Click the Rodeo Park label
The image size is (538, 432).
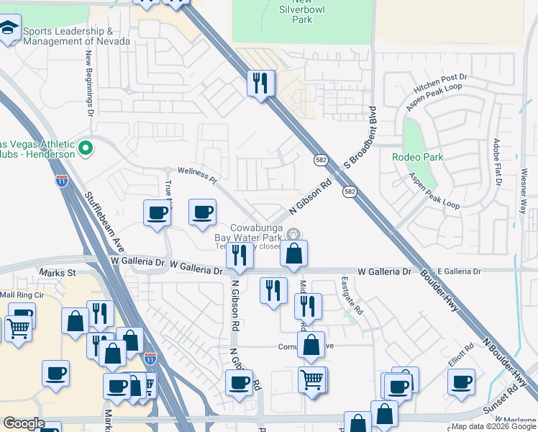point(417,157)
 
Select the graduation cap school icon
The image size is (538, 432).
point(9,30)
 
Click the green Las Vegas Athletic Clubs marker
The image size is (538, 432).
point(86,148)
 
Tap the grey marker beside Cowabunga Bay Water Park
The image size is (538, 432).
point(293,234)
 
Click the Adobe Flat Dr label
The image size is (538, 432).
point(496,162)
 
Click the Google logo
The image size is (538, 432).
point(24,423)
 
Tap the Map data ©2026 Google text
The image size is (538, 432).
point(493,426)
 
